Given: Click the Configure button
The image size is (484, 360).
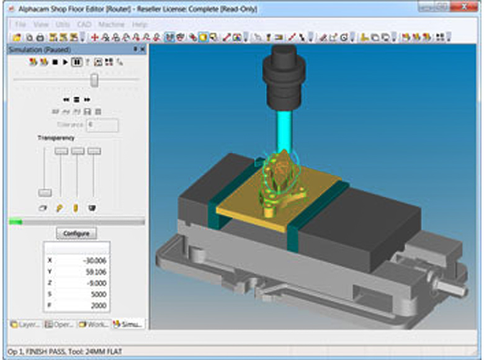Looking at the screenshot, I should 76,233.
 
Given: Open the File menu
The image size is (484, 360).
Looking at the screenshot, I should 20,24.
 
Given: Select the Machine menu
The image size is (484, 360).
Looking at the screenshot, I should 111,24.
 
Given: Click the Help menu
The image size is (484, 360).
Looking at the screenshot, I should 140,24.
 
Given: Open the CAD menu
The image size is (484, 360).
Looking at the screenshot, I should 84,24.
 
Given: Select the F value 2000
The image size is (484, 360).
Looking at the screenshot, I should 99,305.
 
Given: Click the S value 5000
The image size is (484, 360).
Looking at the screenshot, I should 99,294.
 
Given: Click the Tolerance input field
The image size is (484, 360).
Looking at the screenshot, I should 102,125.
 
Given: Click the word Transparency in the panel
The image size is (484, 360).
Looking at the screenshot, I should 56,138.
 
